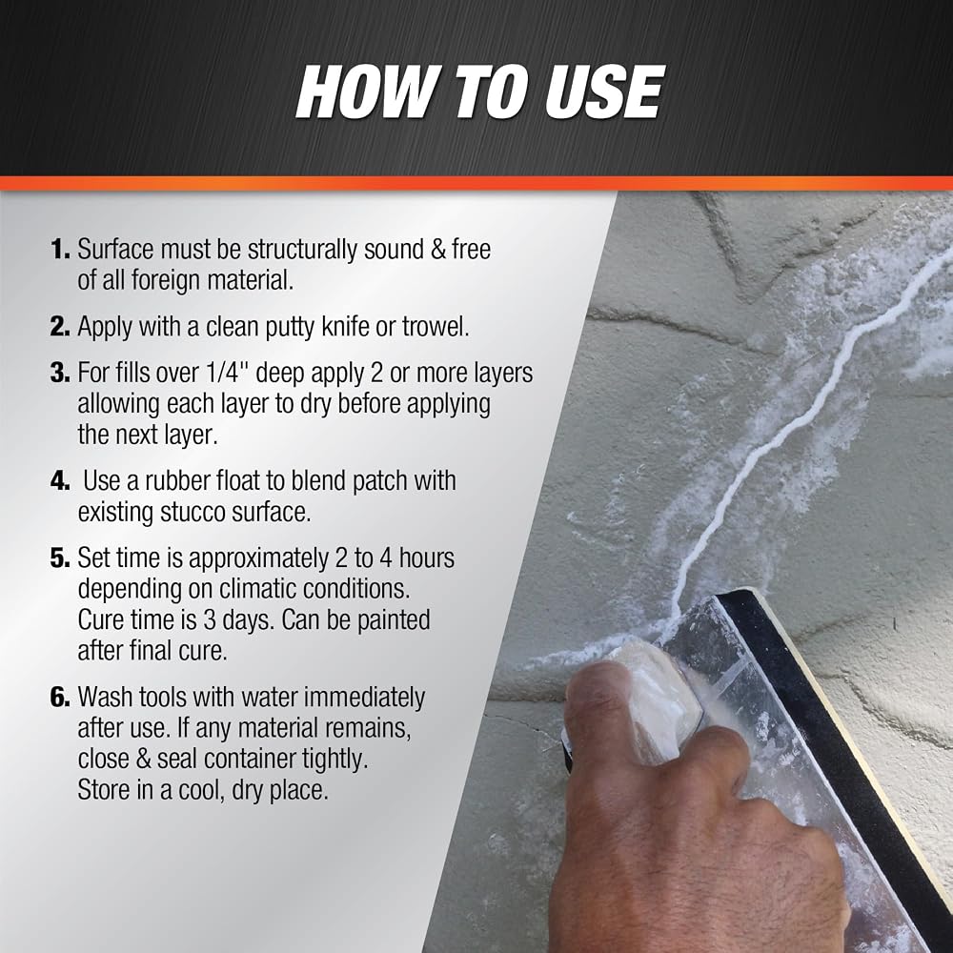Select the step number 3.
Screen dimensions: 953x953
point(60,373)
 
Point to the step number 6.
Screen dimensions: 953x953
point(60,698)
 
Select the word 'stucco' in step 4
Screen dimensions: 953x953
point(193,513)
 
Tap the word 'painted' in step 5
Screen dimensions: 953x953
point(394,620)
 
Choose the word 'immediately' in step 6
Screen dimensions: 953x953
point(364,699)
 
